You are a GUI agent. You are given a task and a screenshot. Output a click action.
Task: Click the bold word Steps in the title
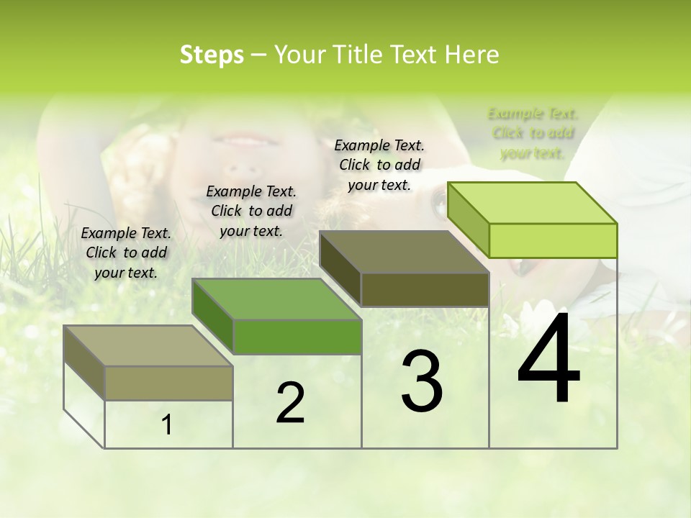pyautogui.click(x=212, y=55)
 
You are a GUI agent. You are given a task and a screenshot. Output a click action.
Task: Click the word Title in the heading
pyautogui.click(x=357, y=55)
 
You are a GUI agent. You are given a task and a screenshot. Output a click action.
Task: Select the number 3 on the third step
pyautogui.click(x=422, y=381)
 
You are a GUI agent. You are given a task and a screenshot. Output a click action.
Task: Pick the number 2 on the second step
pyautogui.click(x=290, y=403)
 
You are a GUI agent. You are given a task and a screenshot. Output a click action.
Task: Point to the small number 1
pyautogui.click(x=167, y=424)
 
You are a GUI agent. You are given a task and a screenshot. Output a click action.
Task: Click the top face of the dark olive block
pyautogui.click(x=403, y=252)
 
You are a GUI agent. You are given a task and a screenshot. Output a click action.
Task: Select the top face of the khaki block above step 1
pyautogui.click(x=148, y=345)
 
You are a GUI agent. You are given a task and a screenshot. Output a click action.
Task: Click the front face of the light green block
pyautogui.click(x=553, y=240)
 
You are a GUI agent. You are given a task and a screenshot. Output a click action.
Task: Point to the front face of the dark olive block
pyautogui.click(x=425, y=290)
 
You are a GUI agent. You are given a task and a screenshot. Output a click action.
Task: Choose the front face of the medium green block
pyautogui.click(x=297, y=337)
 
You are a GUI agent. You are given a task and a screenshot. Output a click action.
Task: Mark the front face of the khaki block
pyautogui.click(x=168, y=383)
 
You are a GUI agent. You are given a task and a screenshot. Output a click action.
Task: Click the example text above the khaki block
pyautogui.click(x=126, y=253)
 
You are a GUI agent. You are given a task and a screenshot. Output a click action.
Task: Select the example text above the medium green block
pyautogui.click(x=251, y=211)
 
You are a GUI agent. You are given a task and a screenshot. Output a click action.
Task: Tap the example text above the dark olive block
pyautogui.click(x=379, y=165)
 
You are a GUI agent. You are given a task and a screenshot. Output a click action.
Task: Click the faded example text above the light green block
pyautogui.click(x=533, y=133)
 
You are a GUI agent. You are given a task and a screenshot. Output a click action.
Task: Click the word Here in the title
pyautogui.click(x=472, y=55)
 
